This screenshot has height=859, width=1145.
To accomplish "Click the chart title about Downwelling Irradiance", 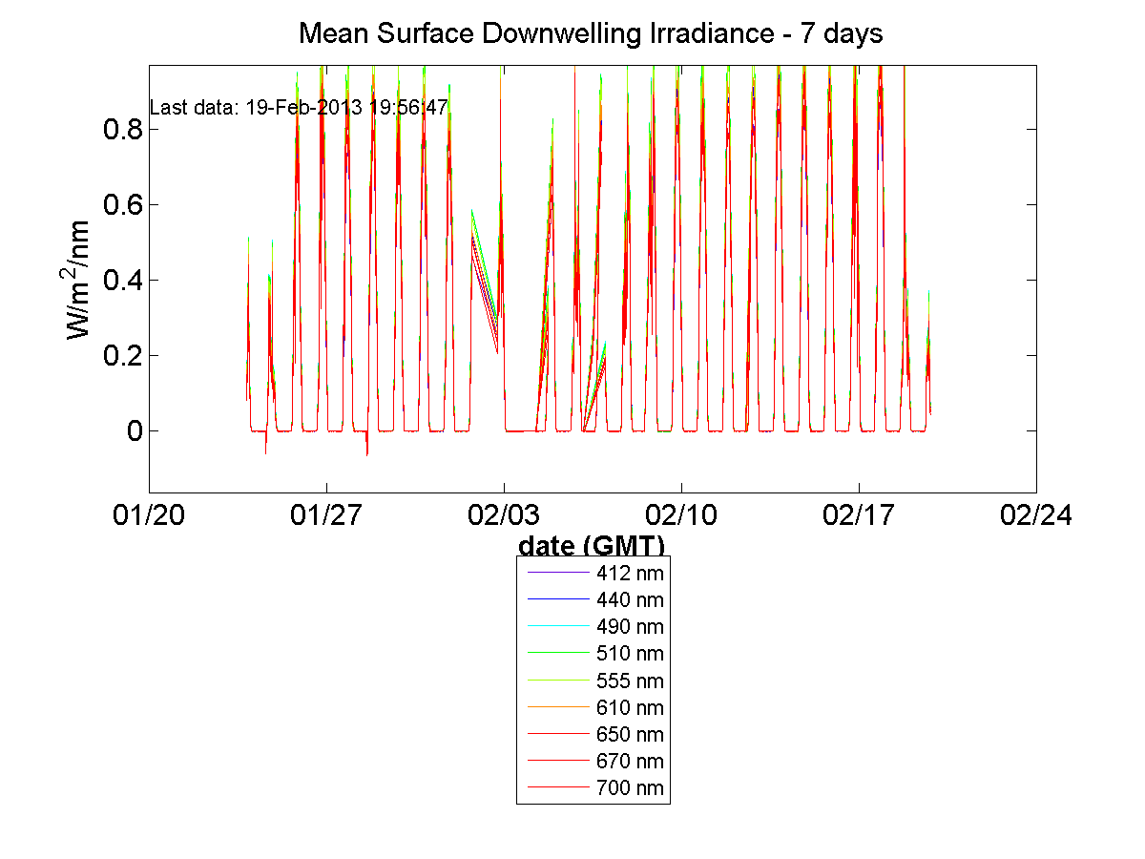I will pos(591,34).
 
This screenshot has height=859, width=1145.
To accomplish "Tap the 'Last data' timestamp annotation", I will pos(299,108).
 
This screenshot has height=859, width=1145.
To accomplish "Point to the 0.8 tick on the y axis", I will pos(123,130).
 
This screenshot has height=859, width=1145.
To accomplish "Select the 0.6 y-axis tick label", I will pos(123,205).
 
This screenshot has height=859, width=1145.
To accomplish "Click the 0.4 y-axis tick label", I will pos(123,281).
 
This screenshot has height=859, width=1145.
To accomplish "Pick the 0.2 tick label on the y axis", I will pos(123,356).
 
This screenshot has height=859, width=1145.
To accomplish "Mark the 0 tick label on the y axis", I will pos(134,431).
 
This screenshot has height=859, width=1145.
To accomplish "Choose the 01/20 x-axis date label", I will pos(149,516).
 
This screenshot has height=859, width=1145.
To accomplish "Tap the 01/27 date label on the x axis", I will pos(326,516).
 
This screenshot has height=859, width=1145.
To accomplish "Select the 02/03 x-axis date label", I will pos(504,516).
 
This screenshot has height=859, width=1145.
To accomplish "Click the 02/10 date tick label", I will pos(681,516).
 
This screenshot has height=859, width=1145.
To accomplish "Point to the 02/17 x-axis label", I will pos(859,516).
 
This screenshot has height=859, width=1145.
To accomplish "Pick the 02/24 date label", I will pos(1036,516).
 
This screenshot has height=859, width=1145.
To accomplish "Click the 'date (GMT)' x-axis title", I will pos(592,546).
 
